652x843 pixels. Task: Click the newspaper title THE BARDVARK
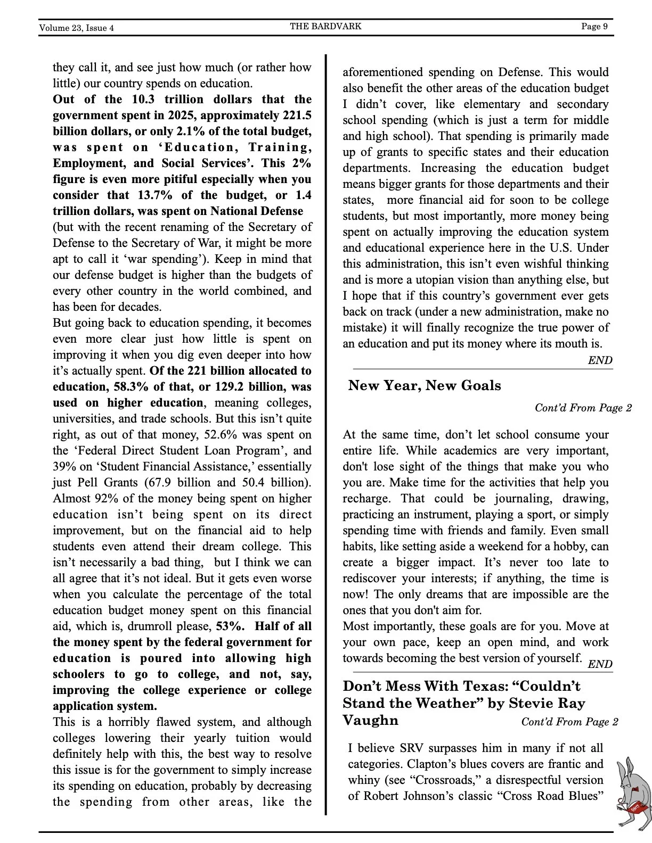click(325, 26)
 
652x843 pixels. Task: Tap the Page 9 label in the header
click(594, 26)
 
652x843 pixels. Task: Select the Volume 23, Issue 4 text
click(76, 28)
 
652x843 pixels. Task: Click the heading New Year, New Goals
click(425, 385)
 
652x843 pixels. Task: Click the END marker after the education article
click(600, 360)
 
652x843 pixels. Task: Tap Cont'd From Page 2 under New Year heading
click(583, 408)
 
